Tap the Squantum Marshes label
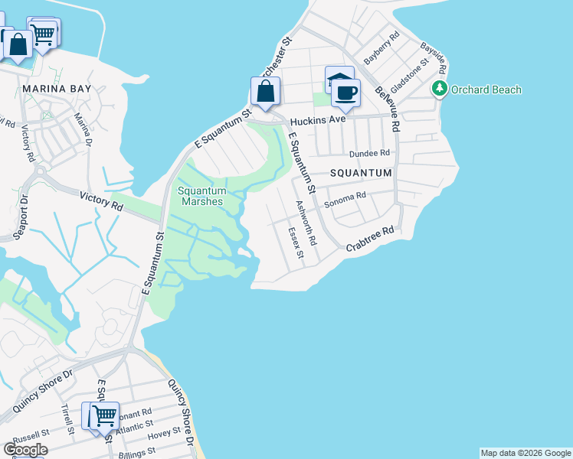click(202, 196)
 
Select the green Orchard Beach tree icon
click(440, 89)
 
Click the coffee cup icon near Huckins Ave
click(346, 94)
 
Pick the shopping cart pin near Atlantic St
click(104, 417)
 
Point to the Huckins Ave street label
click(316, 120)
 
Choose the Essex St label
click(296, 246)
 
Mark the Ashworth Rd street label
click(307, 223)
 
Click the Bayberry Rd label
click(382, 48)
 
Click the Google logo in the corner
click(25, 449)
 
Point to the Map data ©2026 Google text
click(525, 453)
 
